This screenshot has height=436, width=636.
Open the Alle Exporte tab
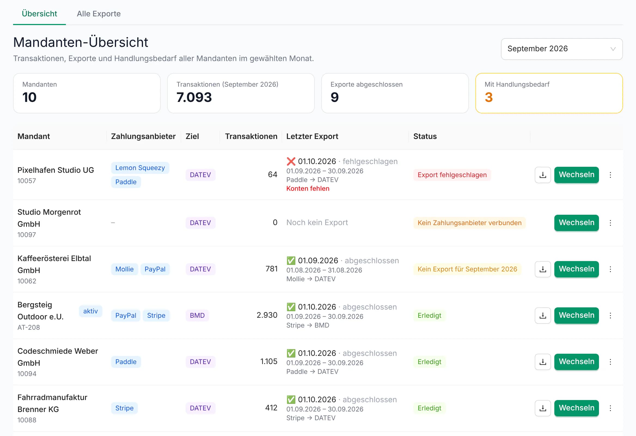pyautogui.click(x=99, y=14)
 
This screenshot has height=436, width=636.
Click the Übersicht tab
pyautogui.click(x=39, y=14)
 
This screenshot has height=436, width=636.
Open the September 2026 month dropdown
pyautogui.click(x=562, y=49)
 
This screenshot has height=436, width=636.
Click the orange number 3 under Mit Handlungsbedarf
pyautogui.click(x=488, y=97)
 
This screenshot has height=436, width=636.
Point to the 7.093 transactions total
pyautogui.click(x=194, y=97)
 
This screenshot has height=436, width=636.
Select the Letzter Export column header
pyautogui.click(x=312, y=137)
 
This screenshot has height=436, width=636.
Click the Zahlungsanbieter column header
pyautogui.click(x=143, y=137)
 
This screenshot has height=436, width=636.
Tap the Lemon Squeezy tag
pyautogui.click(x=140, y=168)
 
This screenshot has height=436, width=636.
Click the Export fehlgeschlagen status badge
pyautogui.click(x=452, y=175)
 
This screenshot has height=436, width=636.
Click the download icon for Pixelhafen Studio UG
pyautogui.click(x=543, y=175)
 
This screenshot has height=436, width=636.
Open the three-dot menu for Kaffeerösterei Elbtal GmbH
pyautogui.click(x=610, y=269)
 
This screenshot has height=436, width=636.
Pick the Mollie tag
pyautogui.click(x=124, y=269)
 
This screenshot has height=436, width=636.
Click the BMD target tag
pyautogui.click(x=197, y=315)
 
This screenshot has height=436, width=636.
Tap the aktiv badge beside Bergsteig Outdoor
pyautogui.click(x=90, y=311)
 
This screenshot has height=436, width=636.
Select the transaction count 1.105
pyautogui.click(x=269, y=362)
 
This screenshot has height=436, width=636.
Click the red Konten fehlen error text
pyautogui.click(x=308, y=188)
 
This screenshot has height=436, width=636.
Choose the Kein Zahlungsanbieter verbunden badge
pyautogui.click(x=469, y=223)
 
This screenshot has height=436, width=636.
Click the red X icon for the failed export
pyautogui.click(x=291, y=161)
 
